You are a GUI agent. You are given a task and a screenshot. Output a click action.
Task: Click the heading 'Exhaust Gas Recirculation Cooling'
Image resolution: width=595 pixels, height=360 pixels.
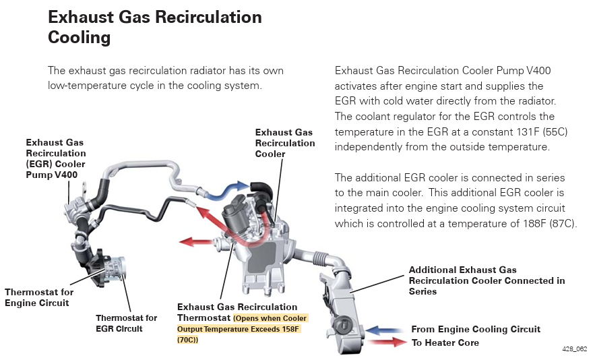click(x=155, y=27)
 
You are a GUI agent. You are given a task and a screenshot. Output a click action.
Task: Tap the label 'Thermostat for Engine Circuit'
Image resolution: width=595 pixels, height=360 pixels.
click(x=39, y=297)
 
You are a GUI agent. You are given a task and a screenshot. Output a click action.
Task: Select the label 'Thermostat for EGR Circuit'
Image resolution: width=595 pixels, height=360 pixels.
click(x=126, y=323)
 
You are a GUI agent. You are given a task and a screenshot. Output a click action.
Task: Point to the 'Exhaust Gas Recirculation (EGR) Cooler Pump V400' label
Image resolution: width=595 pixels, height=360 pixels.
click(x=56, y=159)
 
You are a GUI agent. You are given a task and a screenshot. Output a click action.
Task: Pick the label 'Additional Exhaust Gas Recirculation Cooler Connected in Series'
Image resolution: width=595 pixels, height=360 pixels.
click(x=487, y=280)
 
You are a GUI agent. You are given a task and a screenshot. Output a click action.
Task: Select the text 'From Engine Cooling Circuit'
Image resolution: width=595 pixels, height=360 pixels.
click(x=476, y=330)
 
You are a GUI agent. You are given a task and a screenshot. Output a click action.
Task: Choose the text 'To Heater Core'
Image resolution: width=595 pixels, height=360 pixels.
click(x=445, y=342)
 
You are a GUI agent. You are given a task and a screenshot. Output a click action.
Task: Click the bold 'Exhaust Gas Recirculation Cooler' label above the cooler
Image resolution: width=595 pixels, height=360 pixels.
click(x=284, y=143)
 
